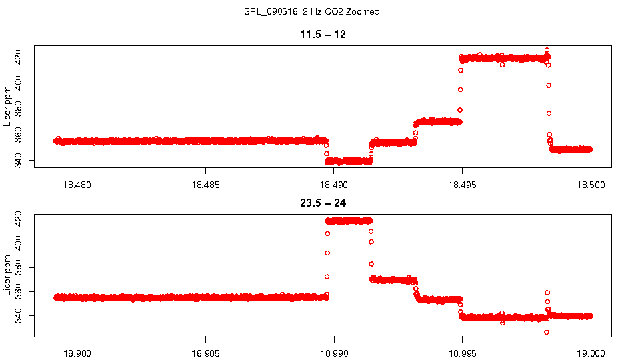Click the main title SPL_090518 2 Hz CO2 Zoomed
(x=312, y=12)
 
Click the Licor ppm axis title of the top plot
(x=8, y=107)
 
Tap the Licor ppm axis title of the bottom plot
(x=8, y=275)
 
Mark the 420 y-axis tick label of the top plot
(x=19, y=57)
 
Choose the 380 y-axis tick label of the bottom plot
(x=19, y=267)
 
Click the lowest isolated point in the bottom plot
(x=547, y=332)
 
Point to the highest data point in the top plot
(x=547, y=51)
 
